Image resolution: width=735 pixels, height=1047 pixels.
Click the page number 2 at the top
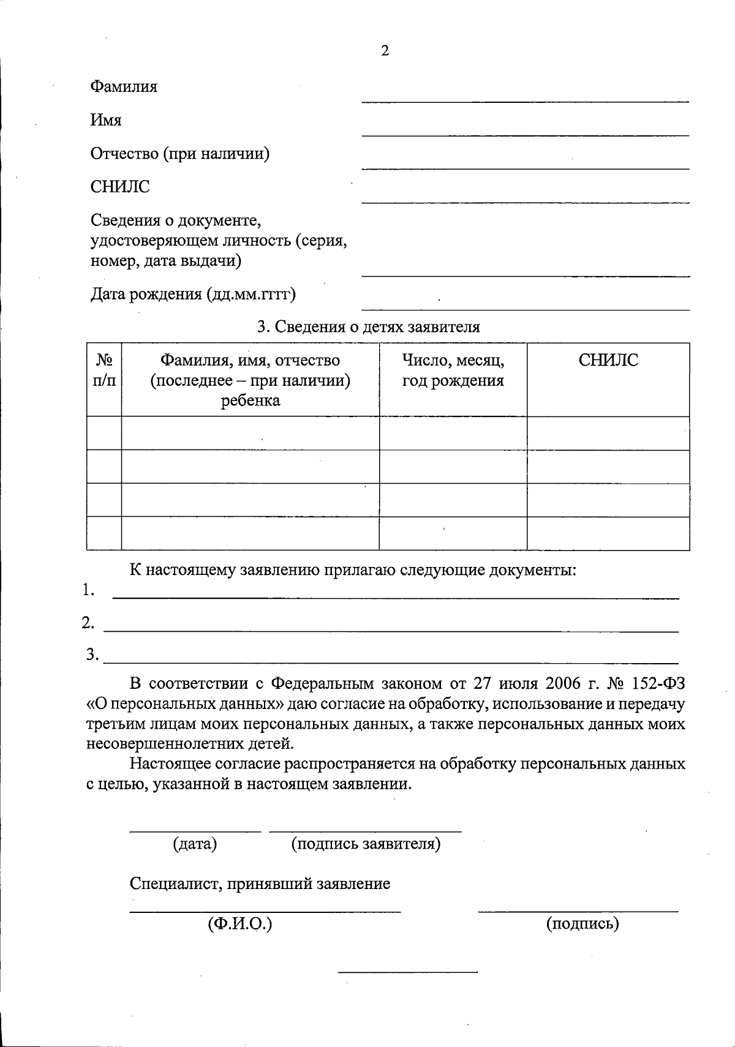[385, 51]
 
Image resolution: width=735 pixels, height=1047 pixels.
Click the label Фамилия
[124, 87]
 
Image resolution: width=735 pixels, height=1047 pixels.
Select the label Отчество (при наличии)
[180, 154]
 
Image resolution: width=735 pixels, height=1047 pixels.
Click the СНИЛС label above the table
[120, 187]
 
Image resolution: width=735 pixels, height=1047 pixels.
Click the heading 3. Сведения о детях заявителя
[368, 327]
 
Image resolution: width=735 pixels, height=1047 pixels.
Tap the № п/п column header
[104, 370]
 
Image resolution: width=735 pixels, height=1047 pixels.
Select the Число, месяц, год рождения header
[453, 370]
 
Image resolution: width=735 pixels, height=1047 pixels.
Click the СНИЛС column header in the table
[608, 360]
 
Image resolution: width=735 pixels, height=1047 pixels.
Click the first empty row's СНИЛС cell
[608, 433]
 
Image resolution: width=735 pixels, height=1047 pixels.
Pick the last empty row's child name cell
[250, 533]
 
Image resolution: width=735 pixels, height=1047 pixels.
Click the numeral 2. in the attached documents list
[88, 623]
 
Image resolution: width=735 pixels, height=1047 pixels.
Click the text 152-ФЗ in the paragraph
[658, 683]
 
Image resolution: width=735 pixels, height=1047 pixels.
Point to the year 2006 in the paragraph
[560, 683]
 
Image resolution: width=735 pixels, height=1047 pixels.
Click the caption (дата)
[195, 844]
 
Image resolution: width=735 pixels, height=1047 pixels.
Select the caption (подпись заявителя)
[366, 844]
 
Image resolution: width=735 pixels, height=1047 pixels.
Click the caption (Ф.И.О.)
[239, 924]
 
